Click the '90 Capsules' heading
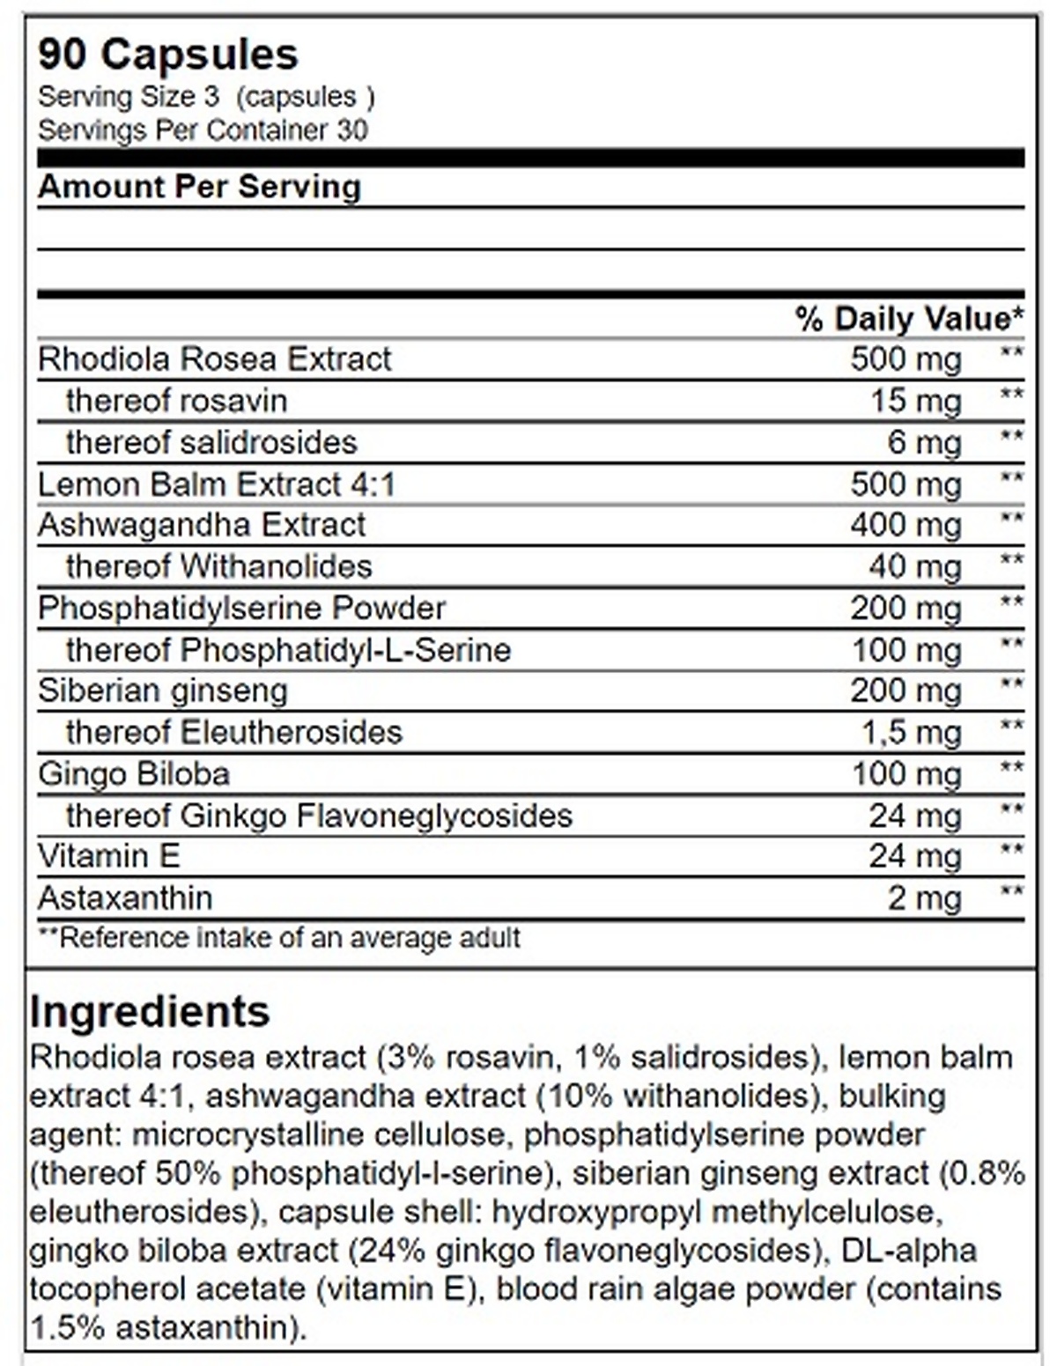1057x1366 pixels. pos(168,55)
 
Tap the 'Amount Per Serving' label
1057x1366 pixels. pos(199,187)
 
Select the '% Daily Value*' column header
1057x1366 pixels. pos(909,318)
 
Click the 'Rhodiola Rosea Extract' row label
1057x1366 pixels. pos(214,359)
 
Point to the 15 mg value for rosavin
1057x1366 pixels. pos(915,402)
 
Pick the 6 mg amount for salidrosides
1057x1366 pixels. pos(923,442)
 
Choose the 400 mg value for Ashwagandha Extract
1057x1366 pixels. pos(905,526)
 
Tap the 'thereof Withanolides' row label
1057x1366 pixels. pos(218,566)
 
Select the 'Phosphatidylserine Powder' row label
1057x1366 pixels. pos(241,608)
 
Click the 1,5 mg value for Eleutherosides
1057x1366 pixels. pos(910,733)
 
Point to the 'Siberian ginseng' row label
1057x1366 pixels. pos(162,691)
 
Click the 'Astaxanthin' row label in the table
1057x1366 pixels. pos(125,898)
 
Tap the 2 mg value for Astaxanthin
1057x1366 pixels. pos(923,898)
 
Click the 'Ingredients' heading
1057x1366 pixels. pos(149,1011)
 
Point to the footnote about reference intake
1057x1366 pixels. pos(279,937)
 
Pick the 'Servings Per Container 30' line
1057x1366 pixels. pos(203,130)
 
